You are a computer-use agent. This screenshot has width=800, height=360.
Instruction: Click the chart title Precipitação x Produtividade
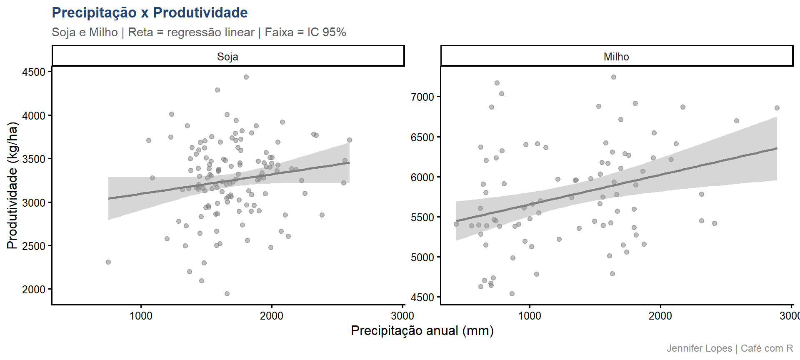150,13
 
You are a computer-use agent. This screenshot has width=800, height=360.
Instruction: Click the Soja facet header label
227,57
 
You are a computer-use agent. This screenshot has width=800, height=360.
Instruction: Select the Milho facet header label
616,57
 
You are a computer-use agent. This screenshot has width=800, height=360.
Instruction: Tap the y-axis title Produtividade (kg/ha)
12,185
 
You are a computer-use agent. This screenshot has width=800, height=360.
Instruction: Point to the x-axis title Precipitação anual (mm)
422,331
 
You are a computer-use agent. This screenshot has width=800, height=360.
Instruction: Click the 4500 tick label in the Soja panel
34,72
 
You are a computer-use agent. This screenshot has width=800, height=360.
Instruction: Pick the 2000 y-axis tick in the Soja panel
34,290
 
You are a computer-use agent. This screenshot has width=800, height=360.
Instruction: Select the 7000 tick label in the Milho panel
422,97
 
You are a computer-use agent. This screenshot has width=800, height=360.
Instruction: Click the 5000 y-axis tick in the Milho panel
422,257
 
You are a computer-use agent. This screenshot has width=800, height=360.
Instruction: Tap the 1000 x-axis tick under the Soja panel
141,316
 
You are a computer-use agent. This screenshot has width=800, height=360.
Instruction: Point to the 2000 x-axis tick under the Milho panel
660,316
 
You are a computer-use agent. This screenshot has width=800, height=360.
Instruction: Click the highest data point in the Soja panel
246,77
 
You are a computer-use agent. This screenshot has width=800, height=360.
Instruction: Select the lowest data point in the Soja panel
227,294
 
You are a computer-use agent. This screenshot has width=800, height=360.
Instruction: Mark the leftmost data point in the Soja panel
108,262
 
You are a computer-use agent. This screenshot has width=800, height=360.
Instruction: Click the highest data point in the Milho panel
614,77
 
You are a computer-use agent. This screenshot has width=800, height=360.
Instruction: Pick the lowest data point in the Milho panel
512,294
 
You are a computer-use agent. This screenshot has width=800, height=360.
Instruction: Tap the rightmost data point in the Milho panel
777,108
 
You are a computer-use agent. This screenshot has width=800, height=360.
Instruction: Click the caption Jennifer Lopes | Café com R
730,348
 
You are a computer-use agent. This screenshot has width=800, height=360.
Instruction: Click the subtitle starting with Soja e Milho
199,32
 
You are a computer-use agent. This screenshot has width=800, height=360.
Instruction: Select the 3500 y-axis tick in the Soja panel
34,159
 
